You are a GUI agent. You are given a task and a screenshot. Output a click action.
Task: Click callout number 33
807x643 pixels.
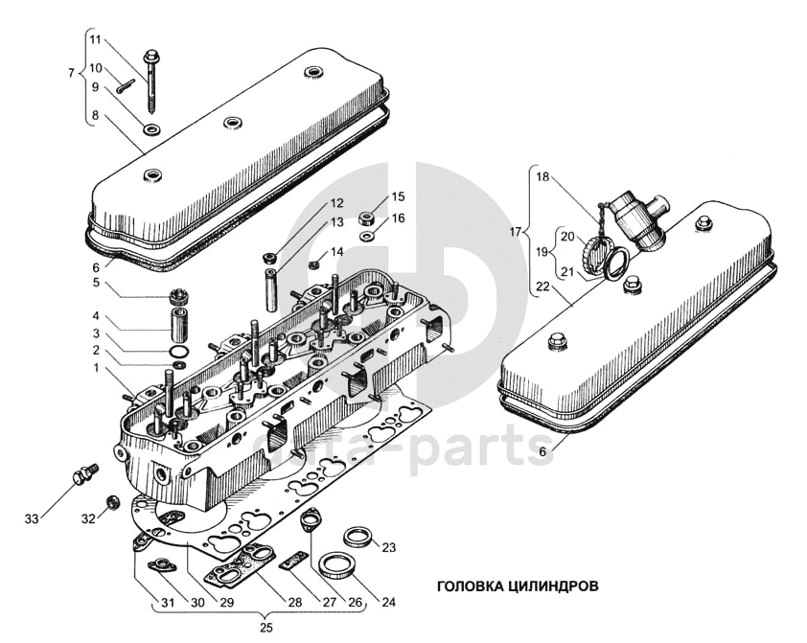point(32,518)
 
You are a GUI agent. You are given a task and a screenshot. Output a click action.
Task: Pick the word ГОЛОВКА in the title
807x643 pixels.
point(471,586)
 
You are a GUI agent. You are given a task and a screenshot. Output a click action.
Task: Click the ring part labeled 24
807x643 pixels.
point(338,565)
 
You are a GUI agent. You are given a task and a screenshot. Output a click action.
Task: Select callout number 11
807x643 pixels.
point(95,39)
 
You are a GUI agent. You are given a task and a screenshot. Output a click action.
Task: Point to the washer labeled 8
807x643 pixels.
point(150,127)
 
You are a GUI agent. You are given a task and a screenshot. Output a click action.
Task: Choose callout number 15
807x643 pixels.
point(398,197)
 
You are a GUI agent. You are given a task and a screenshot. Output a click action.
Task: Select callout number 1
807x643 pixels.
point(95,367)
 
